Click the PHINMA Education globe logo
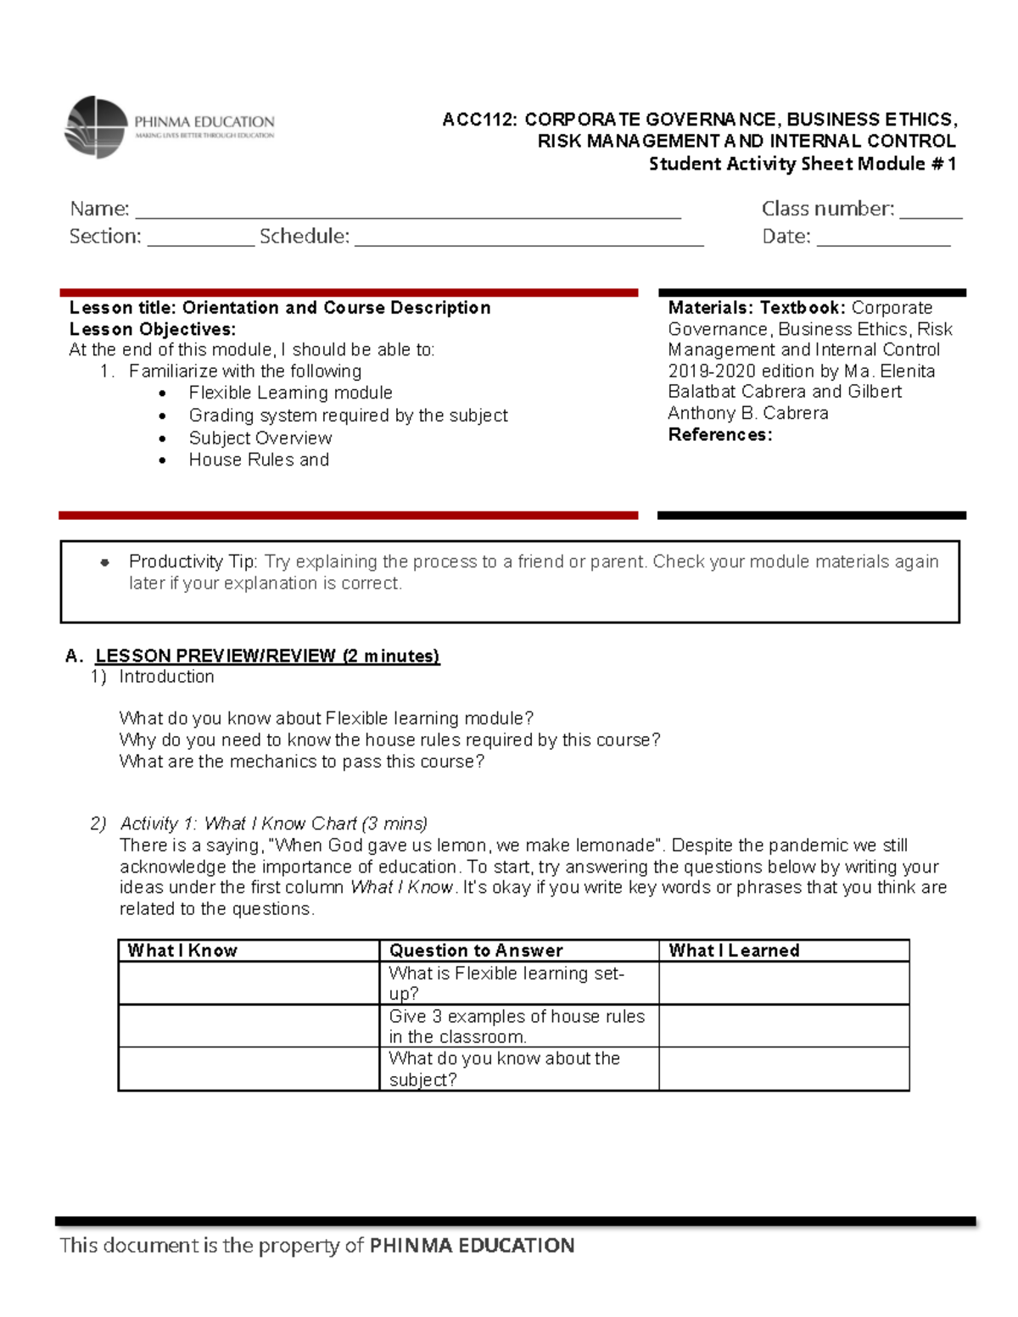[x=96, y=127]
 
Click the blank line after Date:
[x=882, y=240]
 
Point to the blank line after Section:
[x=200, y=240]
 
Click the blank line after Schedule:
[x=528, y=240]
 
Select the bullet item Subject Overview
[x=260, y=438]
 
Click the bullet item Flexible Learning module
[x=290, y=393]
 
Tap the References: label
[x=719, y=435]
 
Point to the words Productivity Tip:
[x=193, y=561]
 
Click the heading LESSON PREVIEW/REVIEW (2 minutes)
[x=267, y=656]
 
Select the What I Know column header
[x=182, y=951]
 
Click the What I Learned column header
[x=734, y=951]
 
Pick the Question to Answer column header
[x=475, y=951]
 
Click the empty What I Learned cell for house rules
[x=783, y=1026]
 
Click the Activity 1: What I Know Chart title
[x=273, y=823]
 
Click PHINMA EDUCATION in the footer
[x=472, y=1245]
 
